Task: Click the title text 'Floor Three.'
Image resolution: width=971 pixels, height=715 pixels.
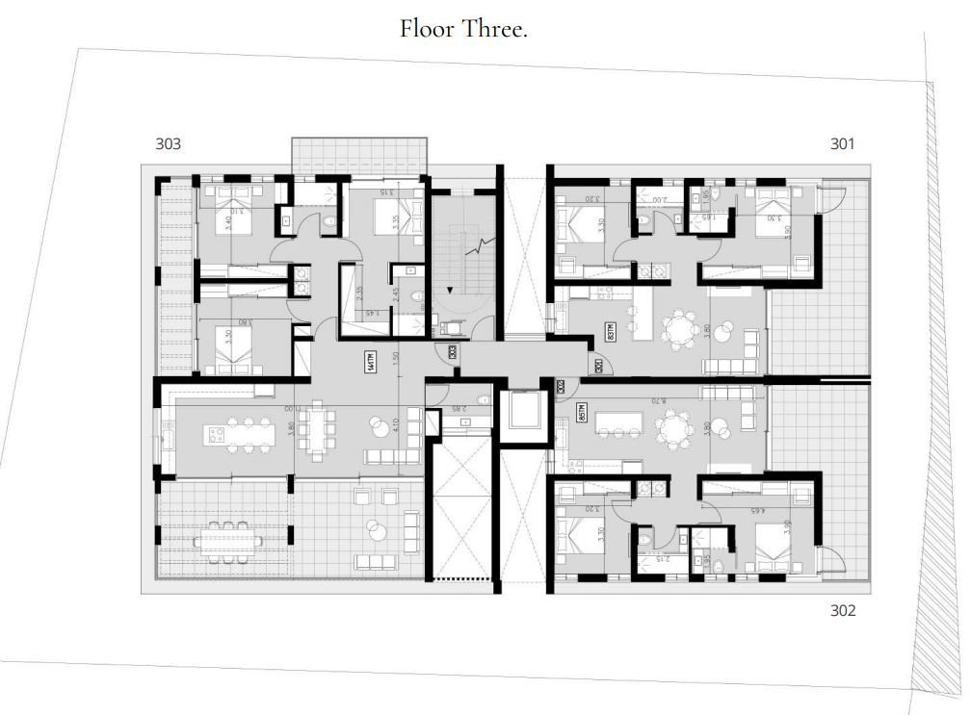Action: (x=463, y=29)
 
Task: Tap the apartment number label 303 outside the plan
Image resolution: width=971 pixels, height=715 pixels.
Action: (x=168, y=144)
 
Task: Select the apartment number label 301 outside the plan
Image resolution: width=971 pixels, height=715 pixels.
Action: (x=842, y=144)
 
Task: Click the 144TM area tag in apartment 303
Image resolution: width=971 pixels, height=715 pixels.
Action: (x=370, y=362)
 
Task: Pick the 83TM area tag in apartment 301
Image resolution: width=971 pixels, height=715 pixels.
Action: (x=611, y=333)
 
